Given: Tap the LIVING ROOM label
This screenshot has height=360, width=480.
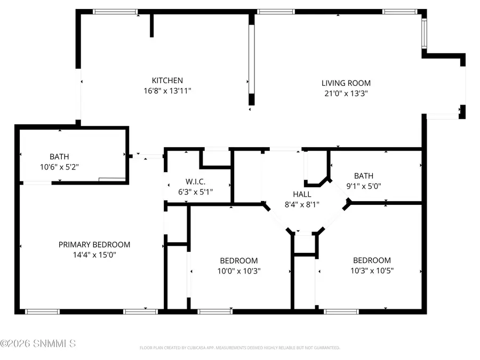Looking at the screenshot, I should tap(346, 83).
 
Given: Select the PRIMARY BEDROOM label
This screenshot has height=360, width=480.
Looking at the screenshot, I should tap(94, 245).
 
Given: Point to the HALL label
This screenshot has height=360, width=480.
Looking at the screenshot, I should tap(302, 195).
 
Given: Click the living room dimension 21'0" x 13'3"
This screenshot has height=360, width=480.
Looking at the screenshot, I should tap(346, 93).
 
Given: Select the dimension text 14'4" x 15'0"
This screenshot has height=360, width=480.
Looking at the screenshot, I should tap(94, 255).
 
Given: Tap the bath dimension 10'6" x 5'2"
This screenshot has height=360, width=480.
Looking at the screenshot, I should tap(59, 167).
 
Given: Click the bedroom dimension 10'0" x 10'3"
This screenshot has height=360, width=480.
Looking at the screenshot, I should tap(239, 271).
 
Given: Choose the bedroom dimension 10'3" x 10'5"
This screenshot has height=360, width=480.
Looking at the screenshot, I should tap(372, 270).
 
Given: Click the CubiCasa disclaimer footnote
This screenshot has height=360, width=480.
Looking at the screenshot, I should tap(239, 348).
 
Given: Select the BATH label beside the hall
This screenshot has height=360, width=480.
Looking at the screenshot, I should tap(364, 176).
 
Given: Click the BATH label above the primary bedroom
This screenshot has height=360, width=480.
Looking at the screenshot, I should tap(59, 157).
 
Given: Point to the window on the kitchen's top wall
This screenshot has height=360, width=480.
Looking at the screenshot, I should tap(115, 11).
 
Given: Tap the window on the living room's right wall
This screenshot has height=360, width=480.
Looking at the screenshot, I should tap(424, 34).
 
